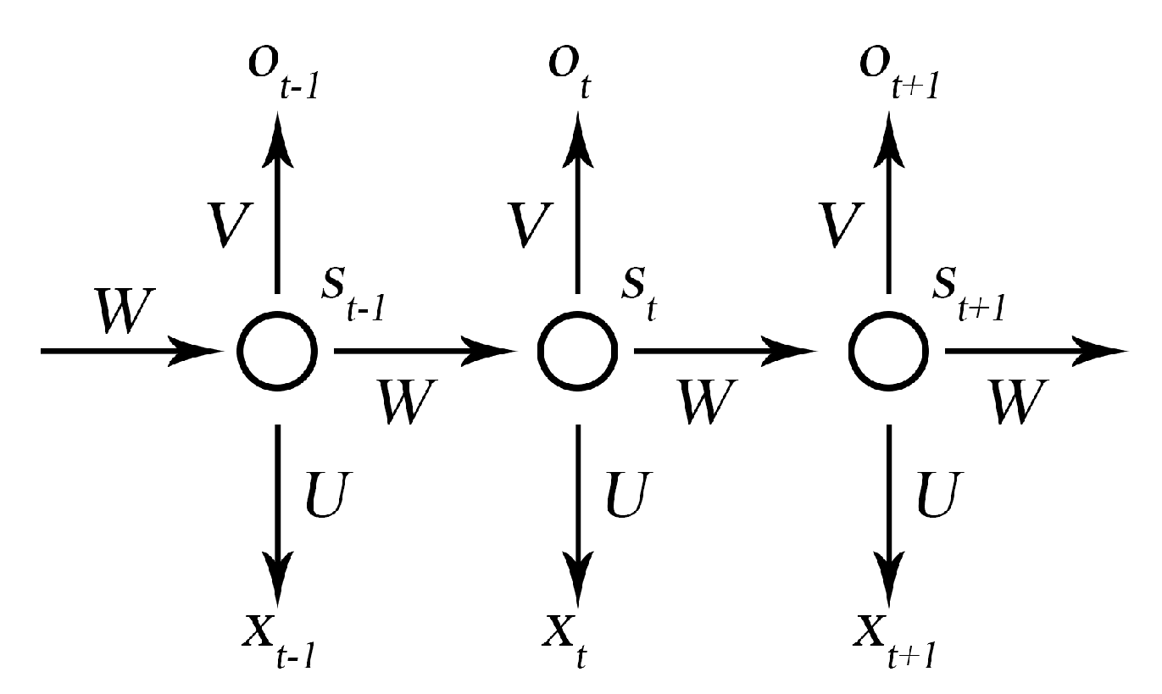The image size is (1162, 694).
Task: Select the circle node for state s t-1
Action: point(276,350)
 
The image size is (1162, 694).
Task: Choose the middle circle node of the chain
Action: point(577,350)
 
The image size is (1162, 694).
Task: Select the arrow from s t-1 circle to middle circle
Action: point(424,350)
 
